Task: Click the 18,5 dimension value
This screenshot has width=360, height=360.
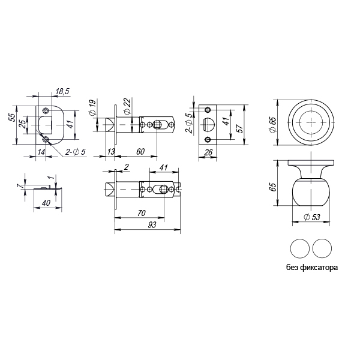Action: [62, 91]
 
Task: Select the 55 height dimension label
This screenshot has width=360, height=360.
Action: [14, 118]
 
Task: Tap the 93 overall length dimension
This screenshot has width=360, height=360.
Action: [152, 224]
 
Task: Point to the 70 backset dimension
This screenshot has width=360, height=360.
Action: [142, 213]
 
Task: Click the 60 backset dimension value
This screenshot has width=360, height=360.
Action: [140, 152]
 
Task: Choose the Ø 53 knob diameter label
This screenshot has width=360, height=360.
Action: [311, 217]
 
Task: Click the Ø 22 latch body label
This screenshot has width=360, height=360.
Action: [127, 106]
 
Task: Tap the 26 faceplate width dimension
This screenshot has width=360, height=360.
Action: [208, 152]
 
